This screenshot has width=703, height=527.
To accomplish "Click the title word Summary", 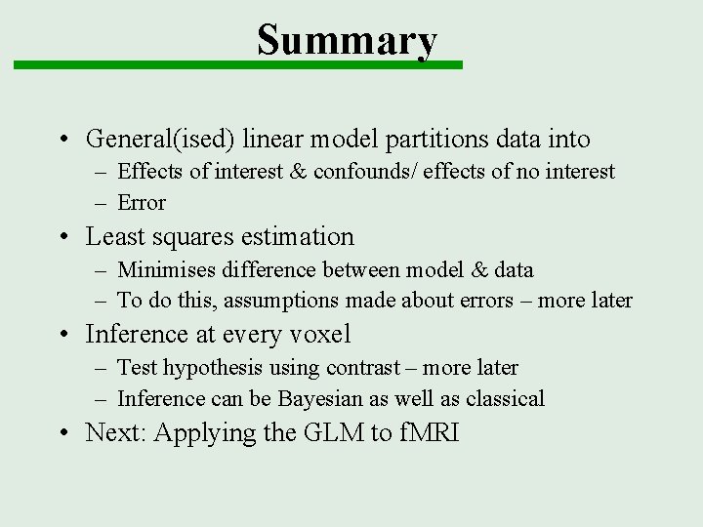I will pos(347,39).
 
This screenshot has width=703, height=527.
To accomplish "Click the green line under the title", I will pos(237,65).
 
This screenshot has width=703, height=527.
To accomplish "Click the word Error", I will pos(142,203).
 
